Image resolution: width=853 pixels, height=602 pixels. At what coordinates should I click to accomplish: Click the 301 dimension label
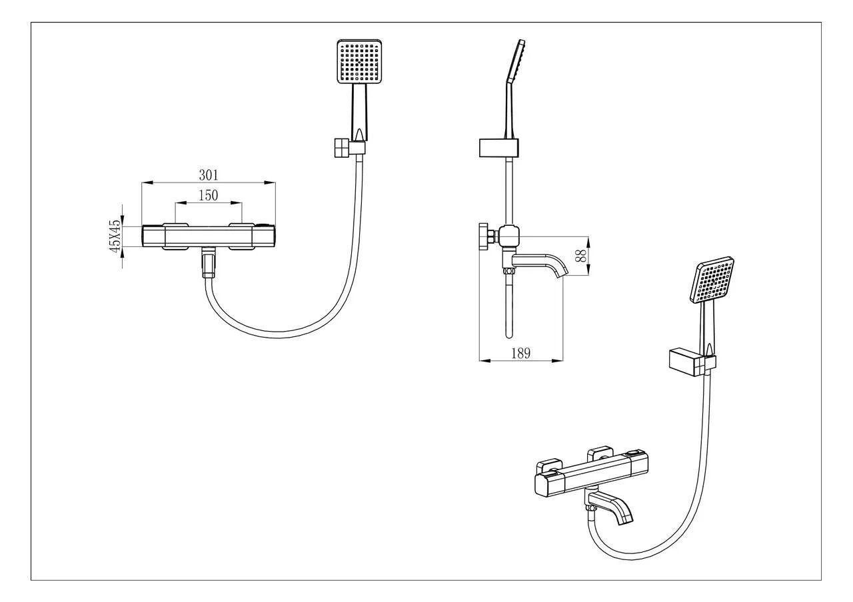[209, 175]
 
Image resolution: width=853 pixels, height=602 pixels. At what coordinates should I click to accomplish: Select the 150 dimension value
[209, 195]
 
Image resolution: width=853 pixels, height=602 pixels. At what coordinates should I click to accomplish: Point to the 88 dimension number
[580, 256]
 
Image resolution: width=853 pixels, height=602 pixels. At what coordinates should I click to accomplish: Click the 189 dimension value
[520, 354]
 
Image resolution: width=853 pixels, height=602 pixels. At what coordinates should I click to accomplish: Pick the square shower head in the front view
[359, 61]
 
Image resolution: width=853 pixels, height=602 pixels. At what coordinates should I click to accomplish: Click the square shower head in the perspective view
[712, 280]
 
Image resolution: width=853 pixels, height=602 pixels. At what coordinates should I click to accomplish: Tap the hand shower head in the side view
[516, 61]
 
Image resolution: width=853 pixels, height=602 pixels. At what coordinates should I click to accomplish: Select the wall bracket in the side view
[498, 148]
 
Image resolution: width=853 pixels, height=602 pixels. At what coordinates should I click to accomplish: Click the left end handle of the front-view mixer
[153, 236]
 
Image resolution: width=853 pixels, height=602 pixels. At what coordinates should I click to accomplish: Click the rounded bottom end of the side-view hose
[508, 336]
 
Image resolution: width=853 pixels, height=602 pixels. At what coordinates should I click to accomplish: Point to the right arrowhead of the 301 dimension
[271, 182]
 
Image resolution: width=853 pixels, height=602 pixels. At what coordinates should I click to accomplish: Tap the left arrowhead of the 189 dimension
[484, 360]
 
